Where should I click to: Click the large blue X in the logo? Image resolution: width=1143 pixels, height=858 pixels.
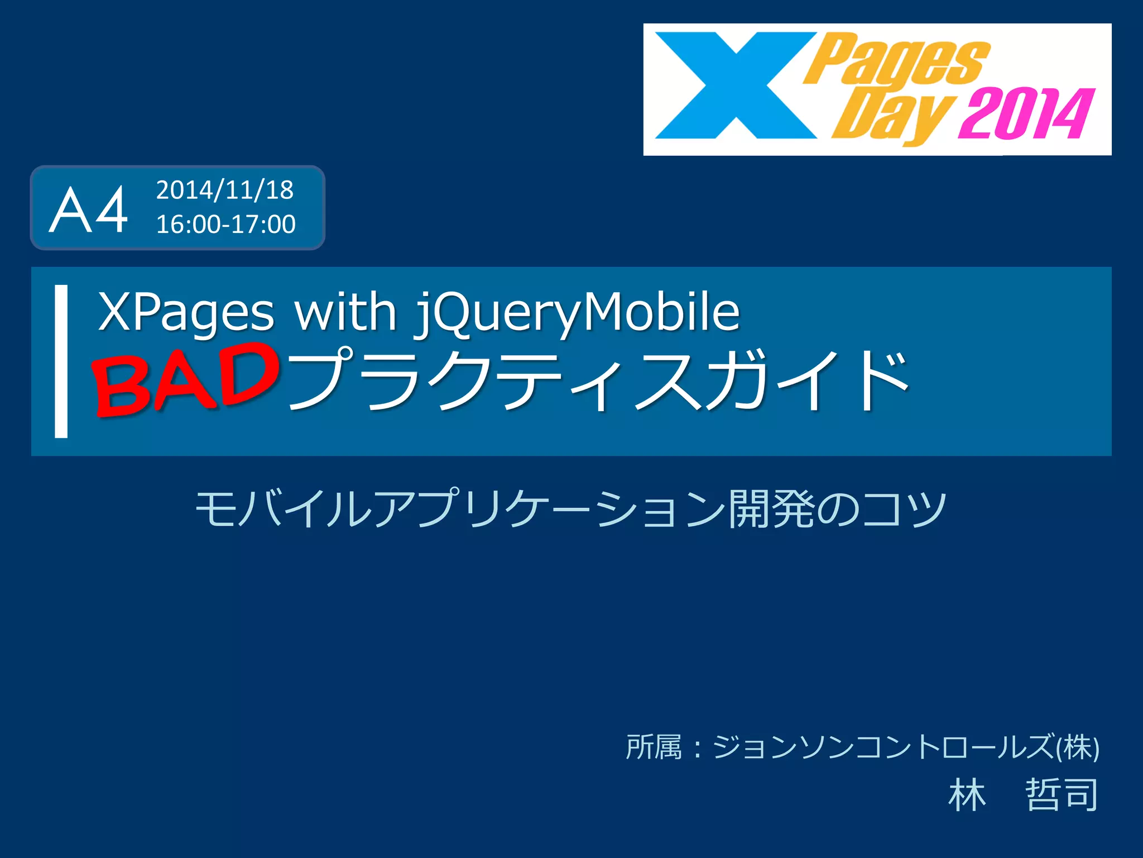[736, 85]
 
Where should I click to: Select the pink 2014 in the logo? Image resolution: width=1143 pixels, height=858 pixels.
[1026, 114]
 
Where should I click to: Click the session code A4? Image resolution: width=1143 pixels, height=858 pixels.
[88, 210]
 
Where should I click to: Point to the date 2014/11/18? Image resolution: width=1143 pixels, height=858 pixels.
[224, 190]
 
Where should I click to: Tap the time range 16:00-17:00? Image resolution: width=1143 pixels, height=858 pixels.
[225, 225]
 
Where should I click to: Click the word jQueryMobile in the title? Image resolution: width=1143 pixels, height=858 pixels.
[577, 313]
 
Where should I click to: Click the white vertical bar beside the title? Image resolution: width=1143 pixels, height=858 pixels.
[61, 361]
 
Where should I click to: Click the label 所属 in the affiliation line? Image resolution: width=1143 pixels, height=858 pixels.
[654, 747]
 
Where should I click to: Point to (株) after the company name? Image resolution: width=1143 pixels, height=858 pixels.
[1077, 747]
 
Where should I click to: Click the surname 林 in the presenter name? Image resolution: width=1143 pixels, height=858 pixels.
[967, 794]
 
